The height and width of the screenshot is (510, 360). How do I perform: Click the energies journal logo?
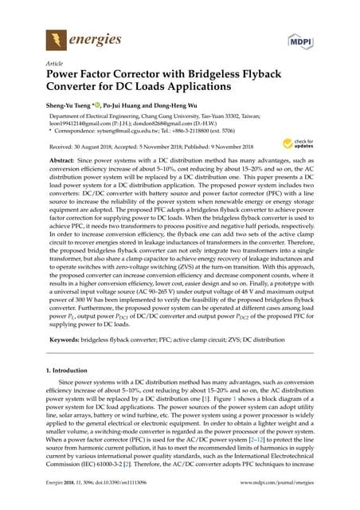point(79,37)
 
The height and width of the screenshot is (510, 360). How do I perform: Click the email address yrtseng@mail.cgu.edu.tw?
point(137,130)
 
